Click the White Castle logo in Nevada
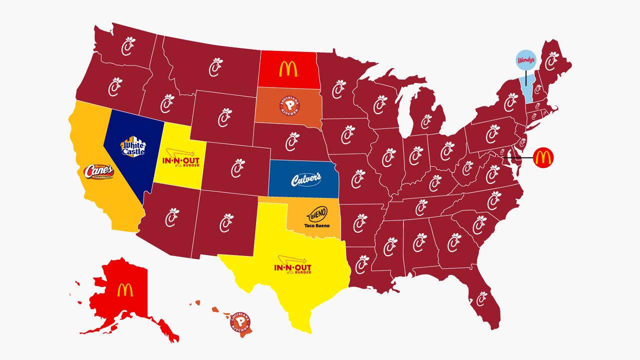(x=133, y=146)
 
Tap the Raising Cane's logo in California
(x=98, y=171)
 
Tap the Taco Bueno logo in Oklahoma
(x=317, y=217)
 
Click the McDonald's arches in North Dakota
(x=288, y=69)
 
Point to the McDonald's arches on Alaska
(x=125, y=290)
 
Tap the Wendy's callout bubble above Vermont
(x=525, y=60)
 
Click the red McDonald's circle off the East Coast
(x=543, y=157)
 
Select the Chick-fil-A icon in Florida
(x=481, y=298)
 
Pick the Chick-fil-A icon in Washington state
(x=128, y=46)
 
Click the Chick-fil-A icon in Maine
(x=551, y=61)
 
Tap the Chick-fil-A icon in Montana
(x=215, y=67)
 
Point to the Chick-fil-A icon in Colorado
(x=237, y=168)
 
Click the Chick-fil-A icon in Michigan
(x=426, y=121)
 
